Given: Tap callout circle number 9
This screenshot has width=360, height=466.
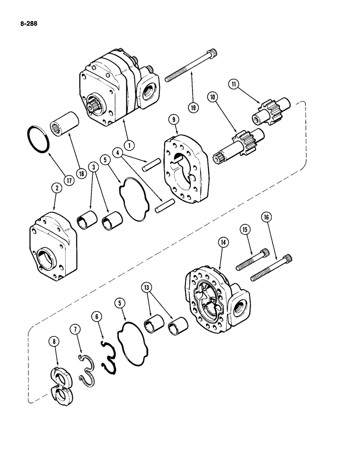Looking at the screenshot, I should [x=174, y=120].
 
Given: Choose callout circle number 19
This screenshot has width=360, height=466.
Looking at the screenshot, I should [x=192, y=106].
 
